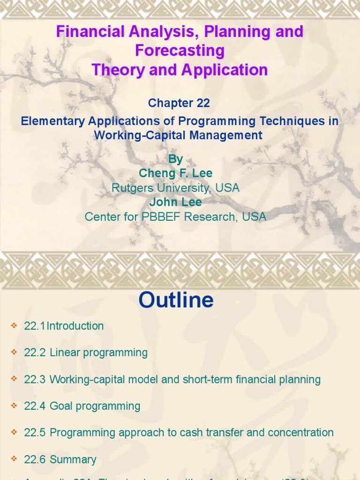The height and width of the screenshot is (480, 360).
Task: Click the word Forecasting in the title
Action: pyautogui.click(x=180, y=51)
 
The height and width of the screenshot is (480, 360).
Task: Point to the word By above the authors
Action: pyautogui.click(x=175, y=159)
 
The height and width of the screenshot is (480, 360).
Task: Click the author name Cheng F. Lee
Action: pyautogui.click(x=175, y=173)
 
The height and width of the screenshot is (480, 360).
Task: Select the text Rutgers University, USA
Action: pyautogui.click(x=175, y=188)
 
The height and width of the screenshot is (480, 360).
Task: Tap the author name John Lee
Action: pyautogui.click(x=175, y=202)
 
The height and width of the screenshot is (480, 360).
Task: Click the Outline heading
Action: pyautogui.click(x=176, y=300)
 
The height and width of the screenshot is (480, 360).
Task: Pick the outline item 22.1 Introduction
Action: pyautogui.click(x=64, y=326)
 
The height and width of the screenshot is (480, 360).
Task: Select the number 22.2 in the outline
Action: pyautogui.click(x=35, y=352)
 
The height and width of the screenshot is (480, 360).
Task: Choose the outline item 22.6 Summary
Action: pyautogui.click(x=60, y=459)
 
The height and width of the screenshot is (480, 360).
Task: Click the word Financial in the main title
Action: pyautogui.click(x=88, y=32)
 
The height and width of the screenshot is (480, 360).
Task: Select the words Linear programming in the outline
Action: pyautogui.click(x=98, y=352)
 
